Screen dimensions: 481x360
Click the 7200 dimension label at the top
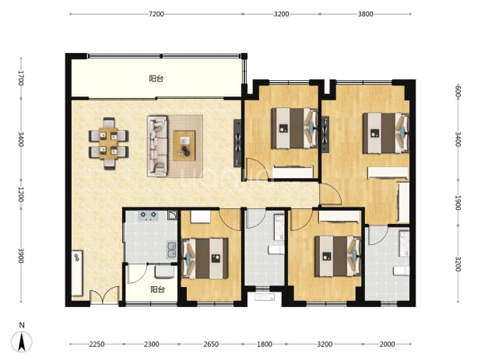(x=156, y=14)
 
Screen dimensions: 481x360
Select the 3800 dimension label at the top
(x=365, y=14)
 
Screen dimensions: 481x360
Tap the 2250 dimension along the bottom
(x=97, y=344)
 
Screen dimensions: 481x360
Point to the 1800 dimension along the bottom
(x=264, y=344)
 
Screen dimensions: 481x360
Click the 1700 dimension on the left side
(x=21, y=78)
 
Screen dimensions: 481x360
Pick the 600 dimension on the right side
(x=458, y=92)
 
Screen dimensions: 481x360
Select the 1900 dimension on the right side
(x=458, y=203)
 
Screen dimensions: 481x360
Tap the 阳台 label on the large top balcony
(x=156, y=79)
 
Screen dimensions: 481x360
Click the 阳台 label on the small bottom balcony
(x=158, y=289)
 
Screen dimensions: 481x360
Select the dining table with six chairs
(x=109, y=143)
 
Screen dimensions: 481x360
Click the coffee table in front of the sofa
(x=184, y=145)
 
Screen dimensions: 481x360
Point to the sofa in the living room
(x=158, y=146)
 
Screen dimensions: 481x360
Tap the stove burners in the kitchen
(x=148, y=216)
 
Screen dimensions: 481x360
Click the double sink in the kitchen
(x=171, y=250)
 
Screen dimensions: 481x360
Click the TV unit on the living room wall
(x=237, y=143)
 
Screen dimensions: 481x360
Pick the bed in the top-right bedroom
(x=386, y=133)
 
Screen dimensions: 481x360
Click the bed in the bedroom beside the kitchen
(x=205, y=259)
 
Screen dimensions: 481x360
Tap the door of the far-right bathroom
(x=378, y=235)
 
